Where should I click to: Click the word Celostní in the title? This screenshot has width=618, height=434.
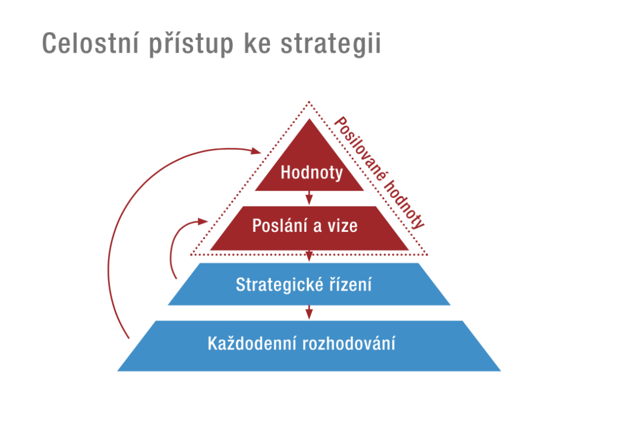[91, 43]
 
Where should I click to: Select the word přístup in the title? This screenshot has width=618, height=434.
[191, 44]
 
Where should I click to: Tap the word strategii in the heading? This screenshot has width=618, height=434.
[331, 44]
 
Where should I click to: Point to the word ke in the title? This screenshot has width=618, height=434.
[257, 43]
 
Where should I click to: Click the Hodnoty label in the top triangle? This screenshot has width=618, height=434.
[312, 173]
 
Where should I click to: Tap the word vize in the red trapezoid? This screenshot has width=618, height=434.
[343, 226]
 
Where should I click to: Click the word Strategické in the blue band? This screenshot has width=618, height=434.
[279, 284]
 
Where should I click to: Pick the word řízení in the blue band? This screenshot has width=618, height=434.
[350, 284]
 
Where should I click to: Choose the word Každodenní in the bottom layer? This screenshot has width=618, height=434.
[252, 343]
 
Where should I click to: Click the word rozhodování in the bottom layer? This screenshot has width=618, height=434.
[349, 343]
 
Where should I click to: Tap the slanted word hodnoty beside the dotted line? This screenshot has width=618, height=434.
[404, 205]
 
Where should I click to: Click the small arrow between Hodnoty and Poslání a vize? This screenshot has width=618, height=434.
[310, 198]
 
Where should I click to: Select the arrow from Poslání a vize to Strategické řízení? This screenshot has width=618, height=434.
[310, 256]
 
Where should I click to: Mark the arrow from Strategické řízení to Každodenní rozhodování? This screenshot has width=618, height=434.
[310, 312]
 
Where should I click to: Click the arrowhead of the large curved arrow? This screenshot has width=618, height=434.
[256, 150]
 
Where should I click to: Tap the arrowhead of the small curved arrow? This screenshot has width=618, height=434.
[203, 222]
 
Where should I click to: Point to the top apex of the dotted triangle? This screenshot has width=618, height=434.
[310, 101]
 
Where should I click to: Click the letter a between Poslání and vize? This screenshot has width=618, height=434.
[317, 227]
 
